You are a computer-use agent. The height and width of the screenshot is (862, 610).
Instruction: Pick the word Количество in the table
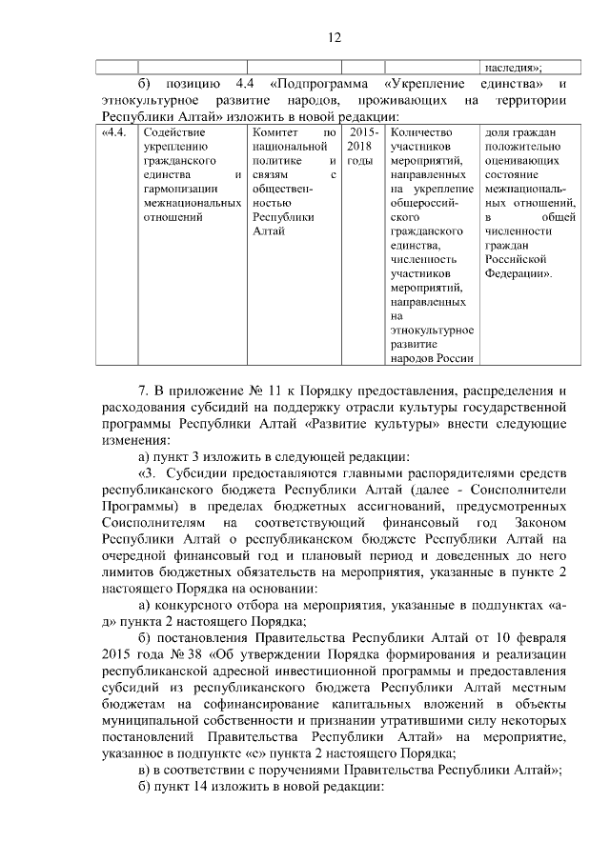(x=422, y=132)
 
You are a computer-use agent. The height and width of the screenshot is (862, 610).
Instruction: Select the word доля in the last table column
(x=497, y=132)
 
